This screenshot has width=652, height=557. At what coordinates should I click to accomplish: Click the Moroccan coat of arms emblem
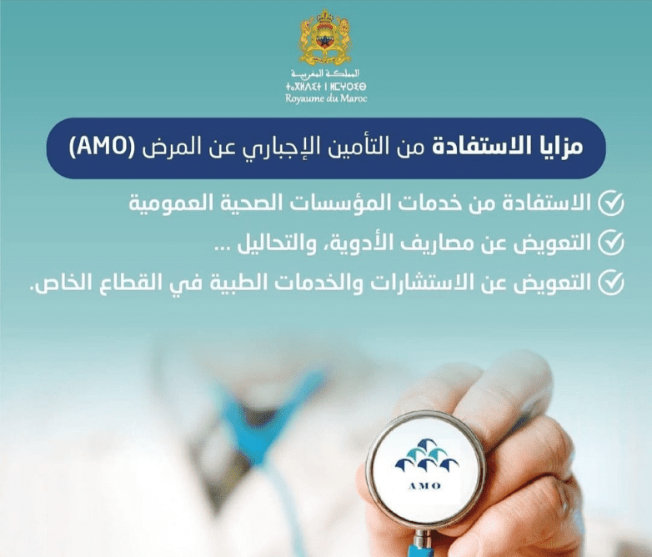pyautogui.click(x=325, y=38)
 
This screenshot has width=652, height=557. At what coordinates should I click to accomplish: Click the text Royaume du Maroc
pyautogui.click(x=326, y=98)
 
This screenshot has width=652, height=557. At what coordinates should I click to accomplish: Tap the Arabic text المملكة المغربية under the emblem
pyautogui.click(x=325, y=73)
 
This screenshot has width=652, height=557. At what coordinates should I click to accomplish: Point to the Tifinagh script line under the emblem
pyautogui.click(x=326, y=87)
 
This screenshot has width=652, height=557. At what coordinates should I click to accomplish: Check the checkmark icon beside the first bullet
pyautogui.click(x=611, y=203)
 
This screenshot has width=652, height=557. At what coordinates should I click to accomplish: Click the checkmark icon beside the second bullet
pyautogui.click(x=611, y=242)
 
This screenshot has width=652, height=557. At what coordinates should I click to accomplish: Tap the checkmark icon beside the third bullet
pyautogui.click(x=611, y=282)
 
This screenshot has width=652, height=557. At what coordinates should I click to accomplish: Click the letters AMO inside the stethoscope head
pyautogui.click(x=424, y=485)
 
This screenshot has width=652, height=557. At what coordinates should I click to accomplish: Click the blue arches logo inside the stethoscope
pyautogui.click(x=427, y=455)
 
